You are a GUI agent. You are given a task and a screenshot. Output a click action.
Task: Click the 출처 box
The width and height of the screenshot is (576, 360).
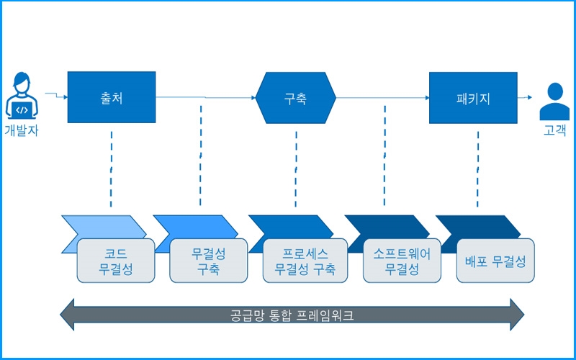coord(112,97)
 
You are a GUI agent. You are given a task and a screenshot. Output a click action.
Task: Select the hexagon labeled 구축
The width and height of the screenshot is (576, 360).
coord(296,98)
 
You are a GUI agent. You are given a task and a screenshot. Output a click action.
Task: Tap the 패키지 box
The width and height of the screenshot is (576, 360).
coord(473,98)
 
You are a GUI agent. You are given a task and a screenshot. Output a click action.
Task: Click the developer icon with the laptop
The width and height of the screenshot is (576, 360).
coord(22,96)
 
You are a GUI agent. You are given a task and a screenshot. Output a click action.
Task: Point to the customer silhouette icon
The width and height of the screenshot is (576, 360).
coord(554,102)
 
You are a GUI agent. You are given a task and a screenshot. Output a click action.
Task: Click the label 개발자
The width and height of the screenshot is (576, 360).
coord(22,130)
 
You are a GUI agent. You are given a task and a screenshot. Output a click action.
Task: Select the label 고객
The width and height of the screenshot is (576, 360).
coord(554,130)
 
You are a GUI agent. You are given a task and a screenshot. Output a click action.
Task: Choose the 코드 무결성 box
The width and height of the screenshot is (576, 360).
coord(116,261)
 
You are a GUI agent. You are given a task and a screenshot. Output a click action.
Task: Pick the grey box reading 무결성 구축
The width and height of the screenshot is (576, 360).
coord(208,261)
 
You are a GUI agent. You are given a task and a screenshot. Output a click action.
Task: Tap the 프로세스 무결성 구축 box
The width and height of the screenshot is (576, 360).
coord(305,261)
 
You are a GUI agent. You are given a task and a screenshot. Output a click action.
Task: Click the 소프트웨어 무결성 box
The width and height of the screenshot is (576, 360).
coord(402,261)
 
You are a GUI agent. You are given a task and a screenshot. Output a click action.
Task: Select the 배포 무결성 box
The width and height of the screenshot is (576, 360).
coord(495,261)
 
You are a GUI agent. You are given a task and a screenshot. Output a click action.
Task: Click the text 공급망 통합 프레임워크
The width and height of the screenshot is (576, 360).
coord(292,315)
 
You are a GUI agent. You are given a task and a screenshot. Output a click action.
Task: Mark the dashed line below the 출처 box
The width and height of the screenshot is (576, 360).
coord(111,169)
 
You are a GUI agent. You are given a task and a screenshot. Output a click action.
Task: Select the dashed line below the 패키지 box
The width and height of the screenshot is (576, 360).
coord(477,169)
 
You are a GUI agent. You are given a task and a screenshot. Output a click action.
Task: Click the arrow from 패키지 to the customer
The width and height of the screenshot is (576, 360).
coord(525,97)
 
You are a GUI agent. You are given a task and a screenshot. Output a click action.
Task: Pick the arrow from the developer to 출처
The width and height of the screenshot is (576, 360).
coord(57,96)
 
